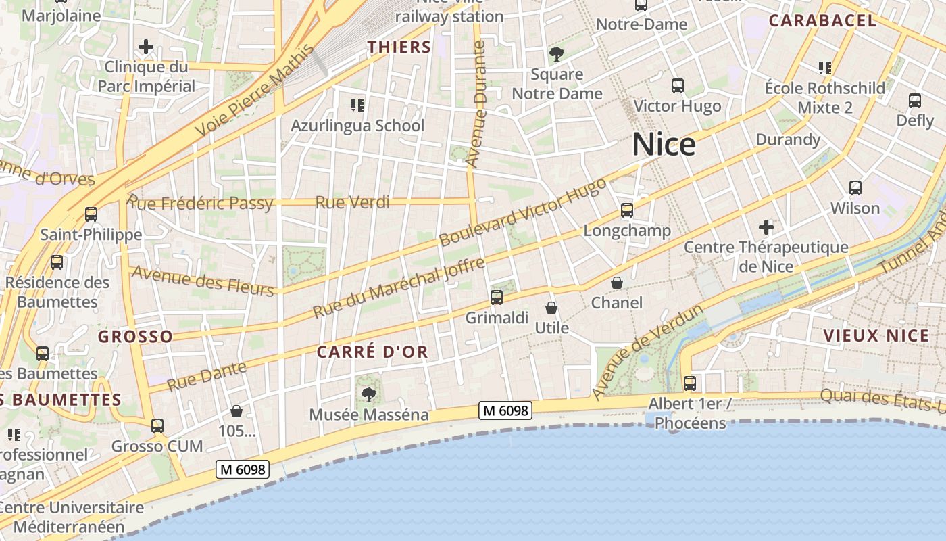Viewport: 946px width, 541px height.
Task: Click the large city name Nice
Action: pyautogui.click(x=664, y=145)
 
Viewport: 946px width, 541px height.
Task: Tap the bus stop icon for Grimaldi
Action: pyautogui.click(x=497, y=297)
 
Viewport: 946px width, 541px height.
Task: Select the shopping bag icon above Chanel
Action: pyautogui.click(x=617, y=283)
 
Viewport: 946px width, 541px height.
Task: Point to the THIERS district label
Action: pyautogui.click(x=399, y=47)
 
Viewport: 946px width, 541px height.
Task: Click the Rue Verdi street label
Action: pyautogui.click(x=353, y=202)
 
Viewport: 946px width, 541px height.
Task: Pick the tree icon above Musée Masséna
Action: pyautogui.click(x=368, y=394)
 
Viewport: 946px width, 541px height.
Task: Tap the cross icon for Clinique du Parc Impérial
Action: pyautogui.click(x=146, y=47)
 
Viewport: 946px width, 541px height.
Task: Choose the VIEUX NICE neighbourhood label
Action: pyautogui.click(x=876, y=335)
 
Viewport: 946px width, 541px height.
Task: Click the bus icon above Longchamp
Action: pyautogui.click(x=627, y=210)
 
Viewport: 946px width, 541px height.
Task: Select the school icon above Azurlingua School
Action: pyautogui.click(x=357, y=105)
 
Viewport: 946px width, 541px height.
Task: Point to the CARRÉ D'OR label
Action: pyautogui.click(x=372, y=352)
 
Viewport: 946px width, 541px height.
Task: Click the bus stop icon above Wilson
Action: pyautogui.click(x=855, y=188)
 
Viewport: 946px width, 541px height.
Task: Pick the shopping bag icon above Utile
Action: pyautogui.click(x=551, y=308)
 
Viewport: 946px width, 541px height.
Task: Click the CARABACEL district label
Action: pyautogui.click(x=822, y=20)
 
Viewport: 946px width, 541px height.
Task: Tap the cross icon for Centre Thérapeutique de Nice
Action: pyautogui.click(x=766, y=227)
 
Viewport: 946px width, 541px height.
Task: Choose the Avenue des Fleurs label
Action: pyautogui.click(x=203, y=281)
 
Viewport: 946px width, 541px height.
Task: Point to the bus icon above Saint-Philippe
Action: pyautogui.click(x=91, y=214)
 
